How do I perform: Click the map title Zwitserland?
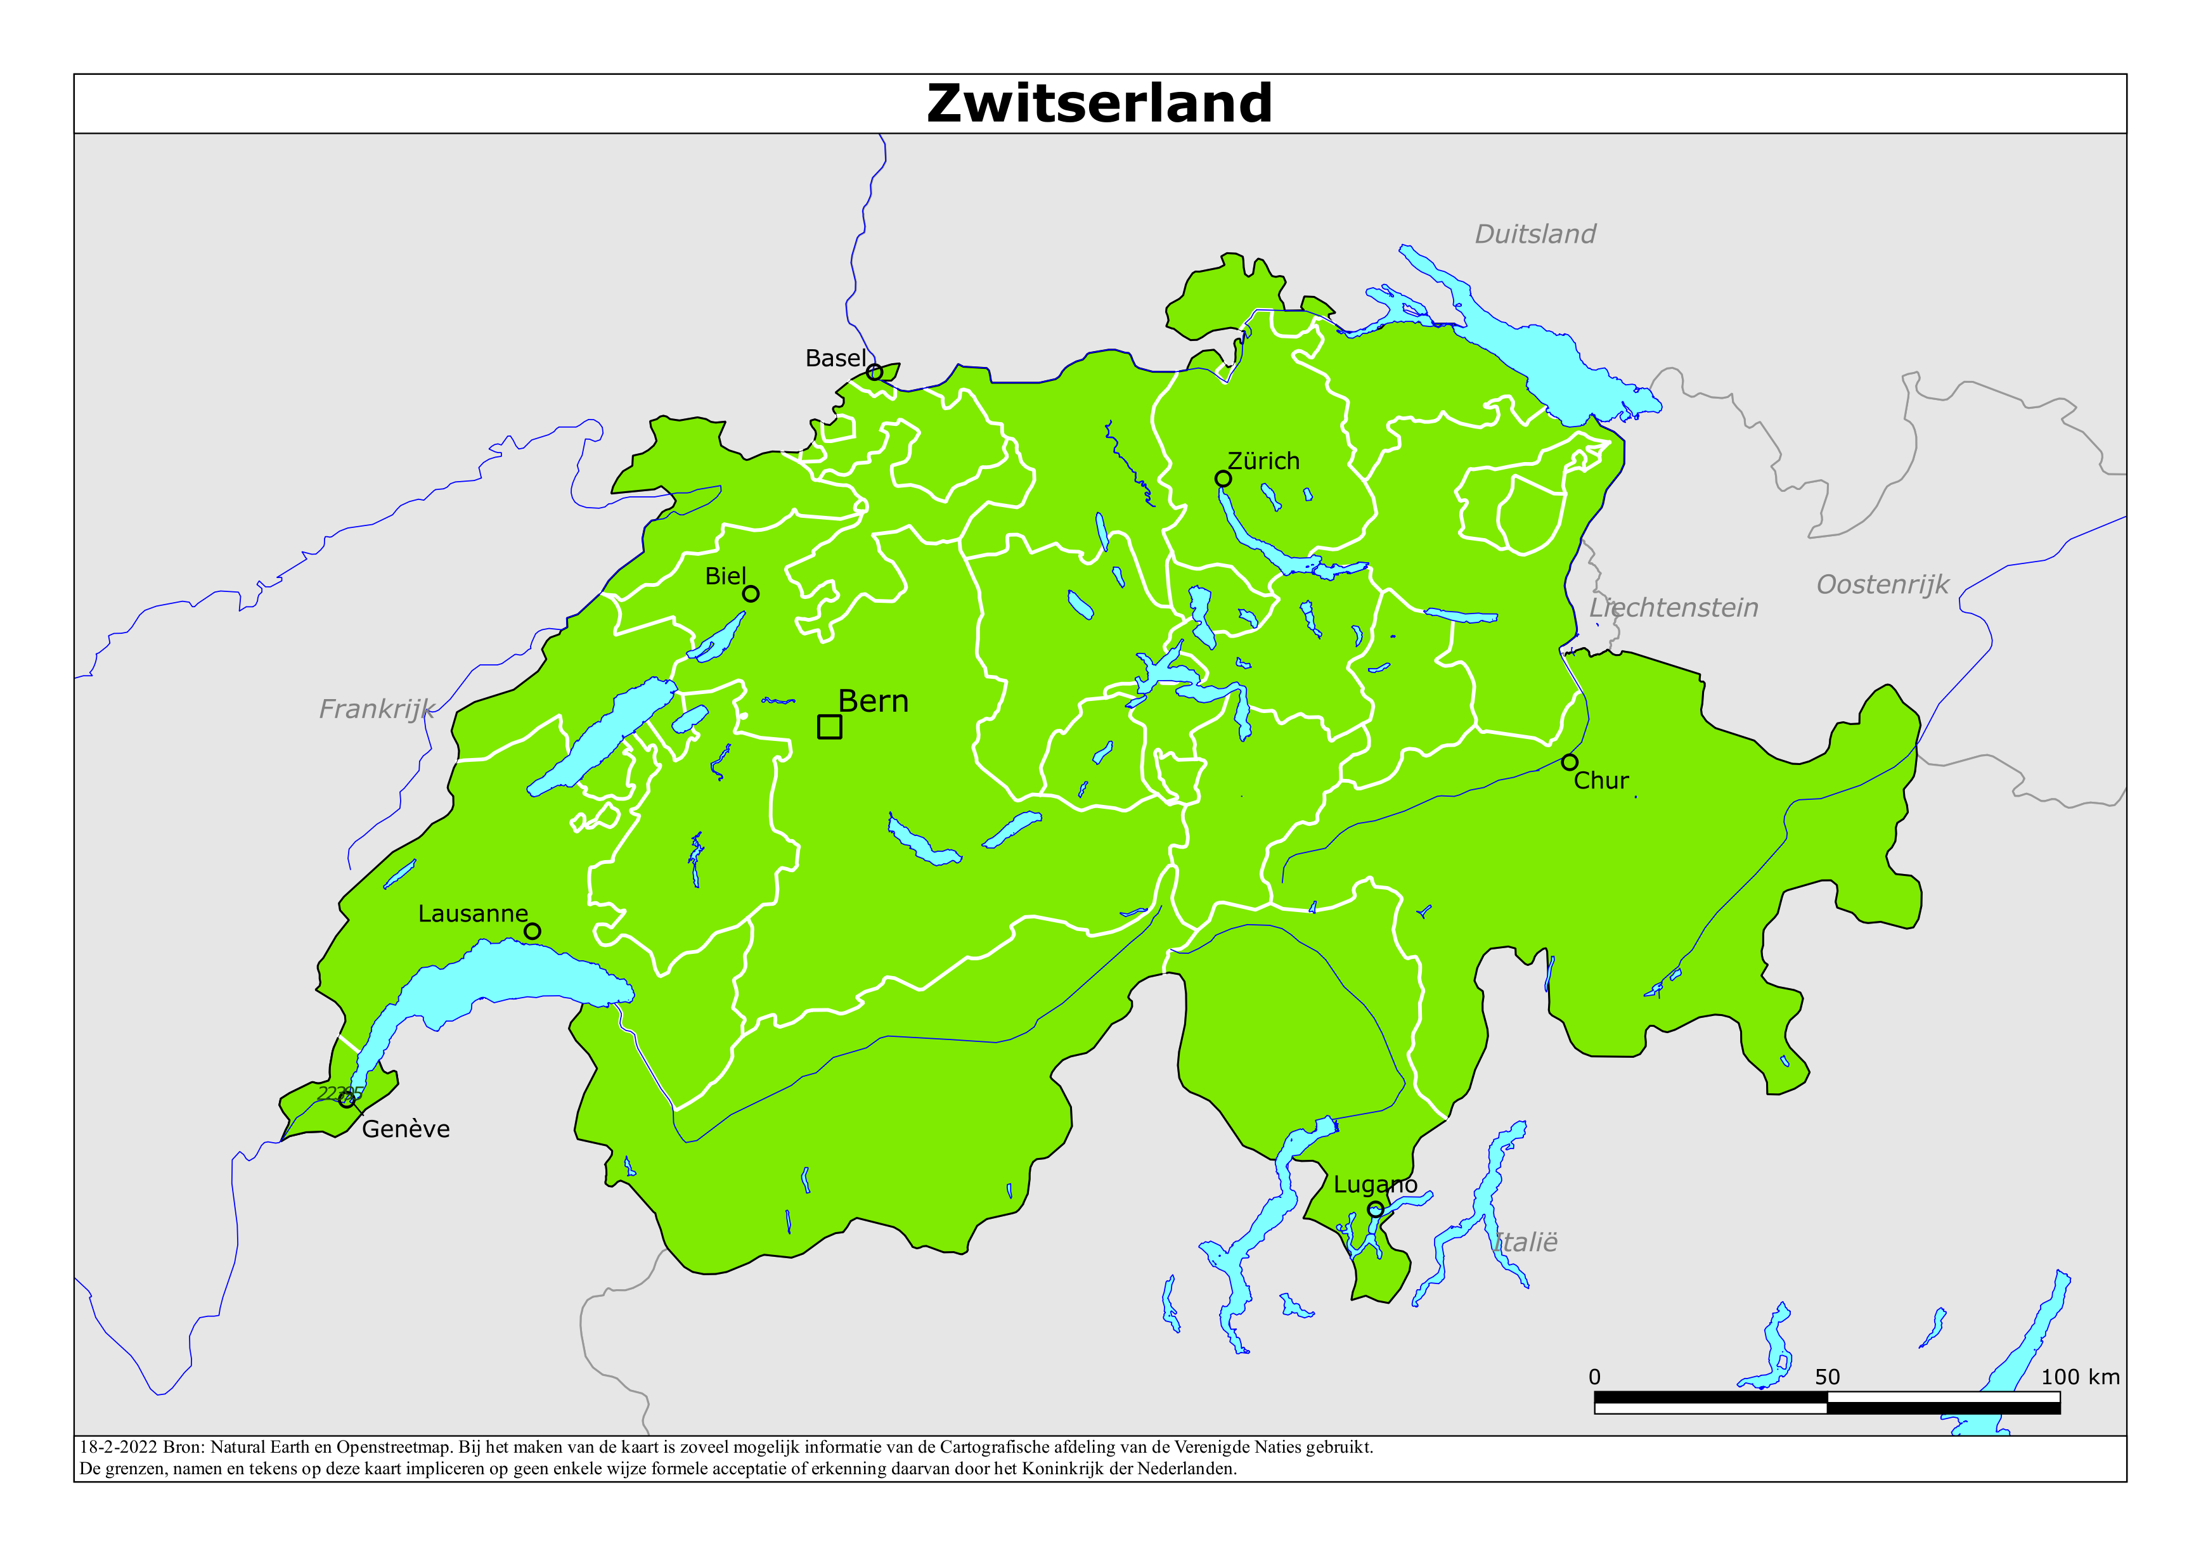click(x=1099, y=103)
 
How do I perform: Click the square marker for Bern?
click(x=829, y=727)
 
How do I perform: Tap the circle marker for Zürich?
click(x=1223, y=479)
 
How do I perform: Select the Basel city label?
click(x=835, y=359)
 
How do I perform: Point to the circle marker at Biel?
click(x=751, y=595)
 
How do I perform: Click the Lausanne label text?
click(x=473, y=914)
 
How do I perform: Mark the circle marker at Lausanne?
click(x=532, y=931)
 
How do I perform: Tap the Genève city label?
click(x=406, y=1129)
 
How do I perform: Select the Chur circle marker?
click(x=1569, y=763)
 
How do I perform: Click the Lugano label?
click(x=1374, y=1185)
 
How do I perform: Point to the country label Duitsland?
click(x=1535, y=234)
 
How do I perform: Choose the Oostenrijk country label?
click(x=1881, y=585)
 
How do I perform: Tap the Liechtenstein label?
click(x=1674, y=608)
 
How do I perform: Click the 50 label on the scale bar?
click(x=1827, y=1377)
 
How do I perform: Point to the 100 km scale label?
click(x=2079, y=1377)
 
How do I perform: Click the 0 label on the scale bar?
click(x=1594, y=1377)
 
